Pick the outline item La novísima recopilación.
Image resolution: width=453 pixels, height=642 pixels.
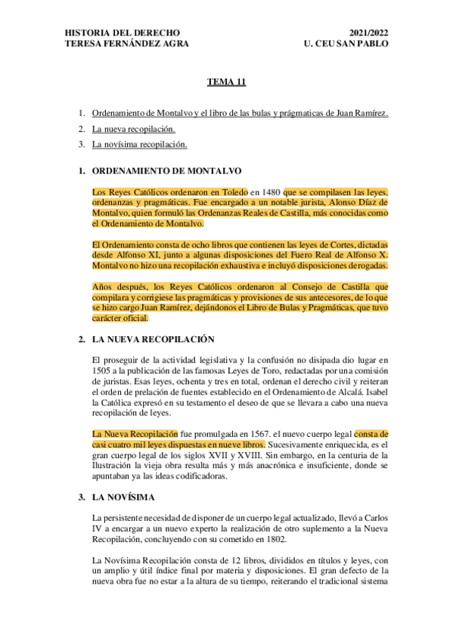(x=139, y=144)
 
